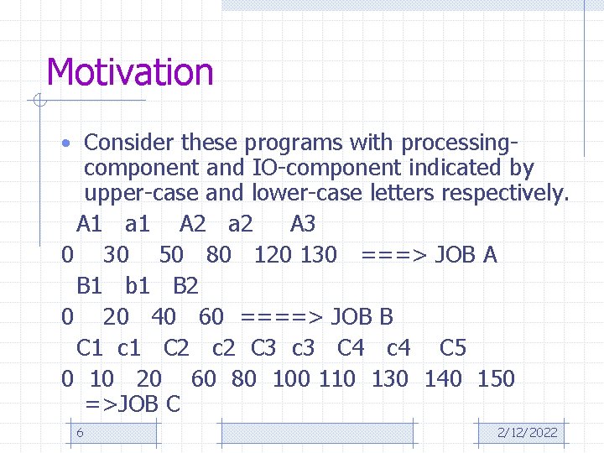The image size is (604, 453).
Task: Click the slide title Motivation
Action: tap(130, 72)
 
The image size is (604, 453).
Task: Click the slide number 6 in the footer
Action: tap(80, 433)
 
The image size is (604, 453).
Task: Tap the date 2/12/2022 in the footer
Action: tap(527, 433)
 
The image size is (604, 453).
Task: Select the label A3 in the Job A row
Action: tap(302, 224)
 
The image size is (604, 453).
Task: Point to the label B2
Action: tap(185, 286)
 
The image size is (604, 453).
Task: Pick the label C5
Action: tap(452, 348)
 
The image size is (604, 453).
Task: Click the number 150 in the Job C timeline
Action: tap(496, 379)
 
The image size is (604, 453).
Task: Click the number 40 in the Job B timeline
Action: tap(164, 317)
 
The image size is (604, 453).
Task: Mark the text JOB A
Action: tap(466, 255)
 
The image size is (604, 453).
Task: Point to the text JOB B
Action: tap(362, 317)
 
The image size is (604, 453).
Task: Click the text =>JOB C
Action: tap(133, 405)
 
